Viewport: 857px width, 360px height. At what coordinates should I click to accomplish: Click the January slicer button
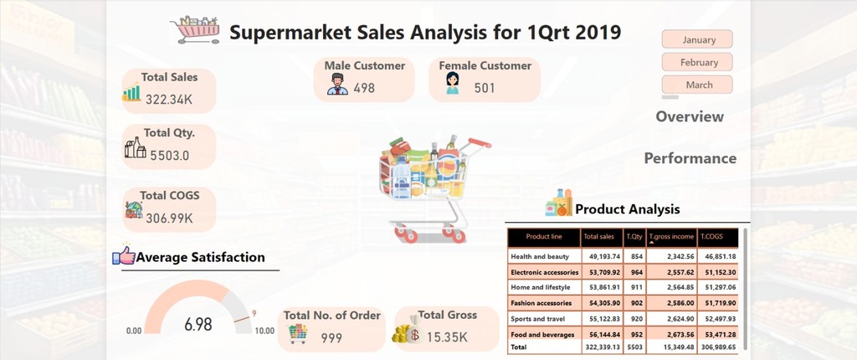(x=697, y=39)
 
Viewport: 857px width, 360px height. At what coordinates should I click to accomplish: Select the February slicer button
(x=697, y=62)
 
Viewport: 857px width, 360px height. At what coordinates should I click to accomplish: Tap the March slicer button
(x=697, y=85)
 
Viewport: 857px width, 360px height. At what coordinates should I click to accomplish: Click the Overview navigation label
(x=690, y=116)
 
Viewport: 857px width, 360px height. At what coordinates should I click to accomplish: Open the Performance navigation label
(x=690, y=158)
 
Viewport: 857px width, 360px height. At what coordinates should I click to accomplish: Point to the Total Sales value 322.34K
(x=169, y=100)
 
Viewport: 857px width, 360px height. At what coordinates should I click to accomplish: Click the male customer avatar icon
(x=338, y=85)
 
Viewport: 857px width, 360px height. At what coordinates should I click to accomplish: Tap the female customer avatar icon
(x=452, y=83)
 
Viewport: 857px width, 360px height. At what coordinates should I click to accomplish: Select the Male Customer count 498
(x=364, y=88)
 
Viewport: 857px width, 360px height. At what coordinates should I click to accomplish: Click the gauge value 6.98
(x=198, y=325)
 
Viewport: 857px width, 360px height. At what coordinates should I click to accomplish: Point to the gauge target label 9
(x=254, y=313)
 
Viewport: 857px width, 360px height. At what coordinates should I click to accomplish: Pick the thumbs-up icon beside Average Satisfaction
(x=124, y=255)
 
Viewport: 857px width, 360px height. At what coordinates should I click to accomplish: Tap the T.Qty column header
(x=634, y=237)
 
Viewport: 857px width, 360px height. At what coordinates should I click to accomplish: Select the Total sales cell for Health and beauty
(x=601, y=256)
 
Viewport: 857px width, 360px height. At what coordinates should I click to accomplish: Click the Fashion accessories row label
(x=541, y=303)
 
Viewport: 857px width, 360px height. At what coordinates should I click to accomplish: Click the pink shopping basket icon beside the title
(x=196, y=29)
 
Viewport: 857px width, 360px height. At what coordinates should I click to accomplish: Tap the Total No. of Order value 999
(x=331, y=338)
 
